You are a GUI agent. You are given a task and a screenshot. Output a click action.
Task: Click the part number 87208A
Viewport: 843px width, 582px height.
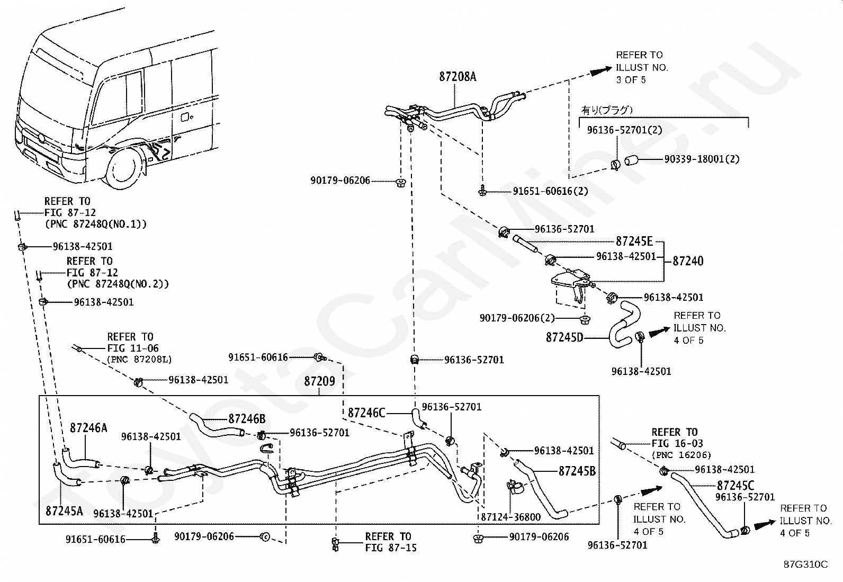tap(457, 77)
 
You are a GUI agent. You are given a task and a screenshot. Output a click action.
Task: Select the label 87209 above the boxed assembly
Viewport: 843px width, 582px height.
tap(319, 381)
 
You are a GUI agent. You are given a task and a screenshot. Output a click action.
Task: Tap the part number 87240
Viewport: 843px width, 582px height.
tap(688, 261)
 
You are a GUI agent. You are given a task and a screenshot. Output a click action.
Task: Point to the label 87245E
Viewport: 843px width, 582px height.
tap(634, 241)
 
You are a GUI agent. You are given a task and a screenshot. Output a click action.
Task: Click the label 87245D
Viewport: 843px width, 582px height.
tap(564, 337)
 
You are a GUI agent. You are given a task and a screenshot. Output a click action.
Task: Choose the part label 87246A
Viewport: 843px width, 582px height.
tap(88, 427)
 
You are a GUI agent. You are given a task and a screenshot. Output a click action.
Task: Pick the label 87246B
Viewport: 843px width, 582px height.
tap(247, 419)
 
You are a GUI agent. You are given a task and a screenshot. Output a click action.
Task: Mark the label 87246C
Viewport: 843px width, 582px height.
tap(366, 413)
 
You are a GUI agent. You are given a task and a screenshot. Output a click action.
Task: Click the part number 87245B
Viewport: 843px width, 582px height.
tap(577, 471)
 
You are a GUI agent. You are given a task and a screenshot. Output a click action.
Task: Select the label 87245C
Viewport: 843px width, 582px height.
tap(735, 485)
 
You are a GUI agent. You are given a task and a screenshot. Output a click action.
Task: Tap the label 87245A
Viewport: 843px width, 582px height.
tap(65, 511)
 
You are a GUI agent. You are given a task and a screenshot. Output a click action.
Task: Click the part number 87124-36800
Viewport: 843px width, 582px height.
tap(510, 517)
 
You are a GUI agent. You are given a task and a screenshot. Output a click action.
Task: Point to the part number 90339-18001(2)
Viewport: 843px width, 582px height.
tap(701, 159)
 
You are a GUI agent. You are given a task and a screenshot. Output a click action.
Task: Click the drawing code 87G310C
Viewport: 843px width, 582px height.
tap(805, 565)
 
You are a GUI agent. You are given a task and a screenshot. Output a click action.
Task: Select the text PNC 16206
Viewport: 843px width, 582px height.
tap(681, 455)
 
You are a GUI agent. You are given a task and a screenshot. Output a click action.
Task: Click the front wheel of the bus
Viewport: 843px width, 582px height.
tap(125, 170)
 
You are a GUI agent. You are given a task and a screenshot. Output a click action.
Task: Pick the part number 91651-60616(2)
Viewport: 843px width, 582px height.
tap(550, 191)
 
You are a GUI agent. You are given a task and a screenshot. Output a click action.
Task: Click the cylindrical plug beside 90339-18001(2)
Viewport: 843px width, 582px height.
tap(633, 160)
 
